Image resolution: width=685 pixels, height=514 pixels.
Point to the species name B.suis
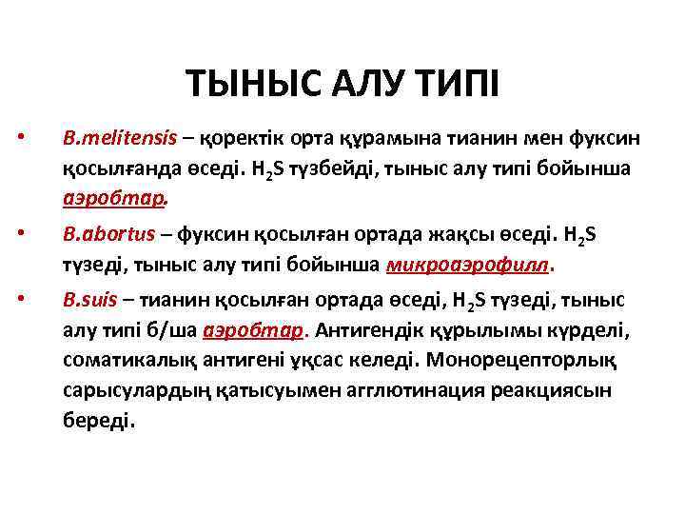pos(90,300)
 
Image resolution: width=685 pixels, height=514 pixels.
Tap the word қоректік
pos(247,139)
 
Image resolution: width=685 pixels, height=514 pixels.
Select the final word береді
pos(100,422)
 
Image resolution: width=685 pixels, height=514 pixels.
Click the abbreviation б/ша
pos(174,330)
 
